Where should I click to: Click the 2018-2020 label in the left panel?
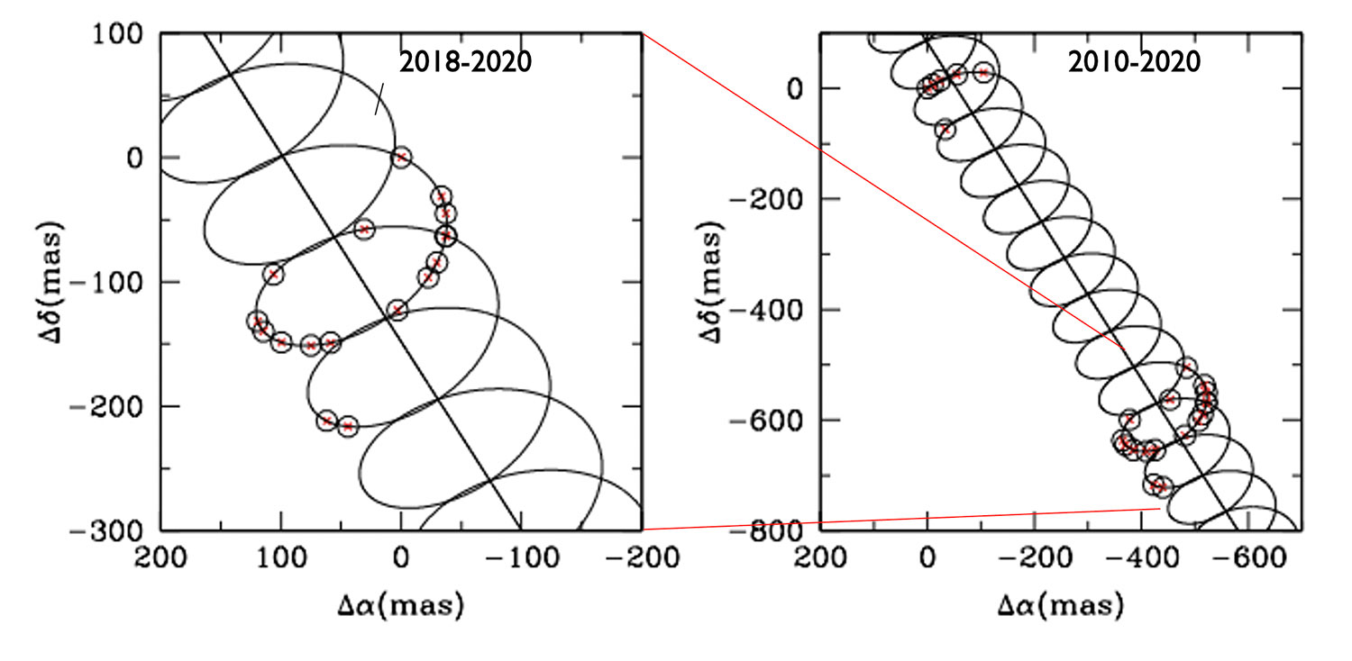click(465, 62)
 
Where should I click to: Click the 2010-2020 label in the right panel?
click(1134, 62)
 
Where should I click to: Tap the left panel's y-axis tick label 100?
click(120, 33)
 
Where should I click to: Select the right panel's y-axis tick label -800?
click(768, 530)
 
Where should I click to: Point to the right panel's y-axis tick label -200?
click(768, 199)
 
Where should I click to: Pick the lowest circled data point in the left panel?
click(349, 426)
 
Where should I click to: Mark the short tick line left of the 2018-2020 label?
click(380, 99)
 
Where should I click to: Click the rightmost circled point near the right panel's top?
click(983, 72)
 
